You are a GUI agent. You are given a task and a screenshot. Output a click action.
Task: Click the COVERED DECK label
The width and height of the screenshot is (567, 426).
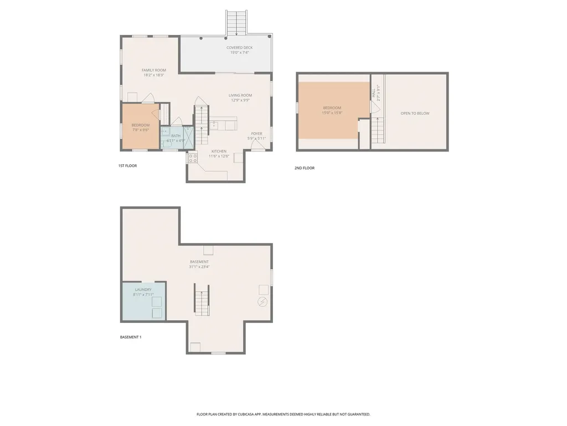239,48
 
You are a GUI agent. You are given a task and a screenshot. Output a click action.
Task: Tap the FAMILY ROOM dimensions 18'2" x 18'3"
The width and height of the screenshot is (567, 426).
153,75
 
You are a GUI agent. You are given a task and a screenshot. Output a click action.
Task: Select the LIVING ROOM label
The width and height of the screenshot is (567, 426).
240,95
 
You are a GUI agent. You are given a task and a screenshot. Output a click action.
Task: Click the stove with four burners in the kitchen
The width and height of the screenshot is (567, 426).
193,157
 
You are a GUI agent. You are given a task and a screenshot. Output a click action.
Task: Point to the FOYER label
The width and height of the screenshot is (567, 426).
256,134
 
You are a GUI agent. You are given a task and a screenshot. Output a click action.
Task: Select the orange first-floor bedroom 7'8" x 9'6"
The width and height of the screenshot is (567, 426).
141,127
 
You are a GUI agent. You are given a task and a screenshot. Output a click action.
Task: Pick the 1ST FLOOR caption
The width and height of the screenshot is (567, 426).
127,166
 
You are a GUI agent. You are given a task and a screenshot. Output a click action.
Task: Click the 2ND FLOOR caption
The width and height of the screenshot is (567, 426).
304,168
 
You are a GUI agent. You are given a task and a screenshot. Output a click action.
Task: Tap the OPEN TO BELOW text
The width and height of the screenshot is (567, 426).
415,113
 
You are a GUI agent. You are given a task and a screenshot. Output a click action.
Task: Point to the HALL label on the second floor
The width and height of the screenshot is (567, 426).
374,95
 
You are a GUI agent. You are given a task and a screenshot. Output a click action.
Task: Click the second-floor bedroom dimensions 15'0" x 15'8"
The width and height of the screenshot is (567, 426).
332,113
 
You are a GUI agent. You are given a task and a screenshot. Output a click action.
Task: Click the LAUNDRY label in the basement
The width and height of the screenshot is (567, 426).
142,290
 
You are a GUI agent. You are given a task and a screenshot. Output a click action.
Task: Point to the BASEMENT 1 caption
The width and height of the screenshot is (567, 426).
131,337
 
